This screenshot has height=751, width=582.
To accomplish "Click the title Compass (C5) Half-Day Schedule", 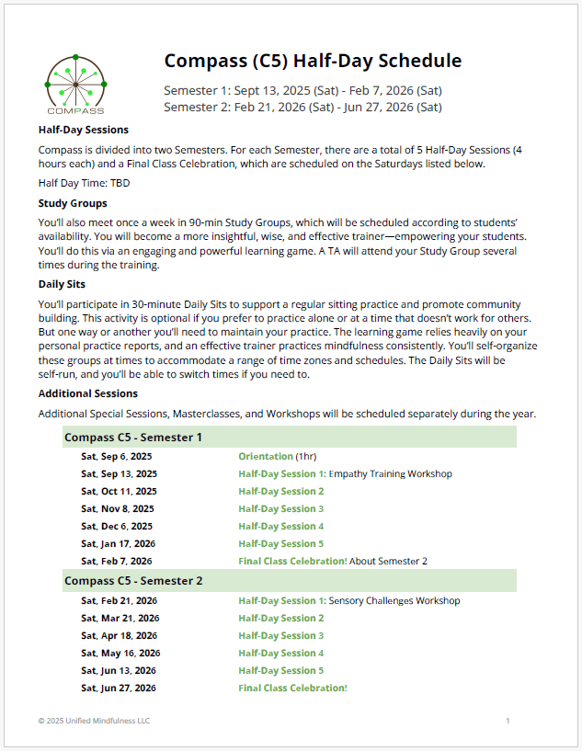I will coord(313,62).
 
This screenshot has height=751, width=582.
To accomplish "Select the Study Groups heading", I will coord(73,203).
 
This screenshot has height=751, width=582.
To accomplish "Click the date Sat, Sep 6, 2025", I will coord(116,457).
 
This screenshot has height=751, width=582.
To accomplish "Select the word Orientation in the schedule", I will coord(265,457).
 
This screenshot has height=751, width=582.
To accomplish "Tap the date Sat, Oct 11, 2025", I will coord(119,492).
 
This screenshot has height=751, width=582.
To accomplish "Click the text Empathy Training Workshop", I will coord(390,474).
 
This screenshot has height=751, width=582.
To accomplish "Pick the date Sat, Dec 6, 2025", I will coord(117,527).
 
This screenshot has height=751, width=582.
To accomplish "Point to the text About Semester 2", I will coord(388,561).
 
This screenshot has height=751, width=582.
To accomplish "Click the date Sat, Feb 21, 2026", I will coord(119,601).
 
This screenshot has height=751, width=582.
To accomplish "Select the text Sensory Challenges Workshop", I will coord(394,601).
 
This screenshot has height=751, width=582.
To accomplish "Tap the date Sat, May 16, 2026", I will coord(120,654).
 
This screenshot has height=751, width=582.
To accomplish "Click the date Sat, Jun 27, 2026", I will coord(118,688).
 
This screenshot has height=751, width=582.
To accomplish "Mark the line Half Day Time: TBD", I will coord(84,183).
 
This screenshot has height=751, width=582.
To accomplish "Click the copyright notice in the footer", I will coord(94,722).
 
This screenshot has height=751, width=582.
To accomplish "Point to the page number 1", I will coord(508,722).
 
